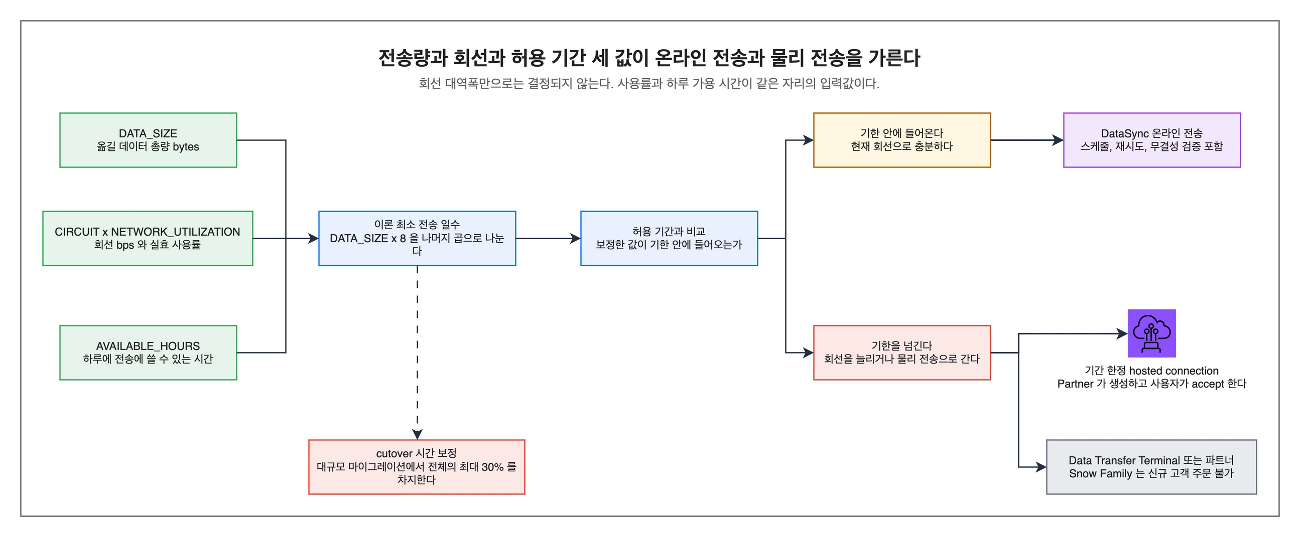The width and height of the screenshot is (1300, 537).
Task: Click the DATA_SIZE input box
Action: (148, 140)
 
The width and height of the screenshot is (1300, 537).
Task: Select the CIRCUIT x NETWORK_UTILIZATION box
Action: (148, 239)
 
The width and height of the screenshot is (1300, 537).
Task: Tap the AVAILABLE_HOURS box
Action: (148, 352)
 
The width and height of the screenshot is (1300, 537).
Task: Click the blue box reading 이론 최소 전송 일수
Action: (417, 239)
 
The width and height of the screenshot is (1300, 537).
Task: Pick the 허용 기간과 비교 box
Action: (669, 239)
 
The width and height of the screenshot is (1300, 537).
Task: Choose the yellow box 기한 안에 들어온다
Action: (902, 140)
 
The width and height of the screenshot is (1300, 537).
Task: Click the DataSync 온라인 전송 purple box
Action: (1151, 140)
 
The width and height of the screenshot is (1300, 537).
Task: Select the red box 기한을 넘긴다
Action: (902, 352)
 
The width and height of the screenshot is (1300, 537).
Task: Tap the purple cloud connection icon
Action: (1151, 333)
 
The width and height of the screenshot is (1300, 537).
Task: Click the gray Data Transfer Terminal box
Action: (1151, 467)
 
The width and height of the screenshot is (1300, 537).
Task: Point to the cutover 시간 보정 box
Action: (416, 467)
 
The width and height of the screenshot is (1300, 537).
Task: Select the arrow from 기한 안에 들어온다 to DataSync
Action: (1027, 140)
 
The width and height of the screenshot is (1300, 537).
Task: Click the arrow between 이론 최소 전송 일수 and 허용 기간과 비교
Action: (548, 239)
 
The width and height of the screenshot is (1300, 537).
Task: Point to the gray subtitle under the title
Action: (649, 83)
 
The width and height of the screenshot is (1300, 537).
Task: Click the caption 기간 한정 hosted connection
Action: (1151, 371)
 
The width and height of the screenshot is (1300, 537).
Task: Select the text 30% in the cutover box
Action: (492, 467)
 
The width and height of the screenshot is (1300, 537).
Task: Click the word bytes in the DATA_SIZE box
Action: (186, 147)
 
